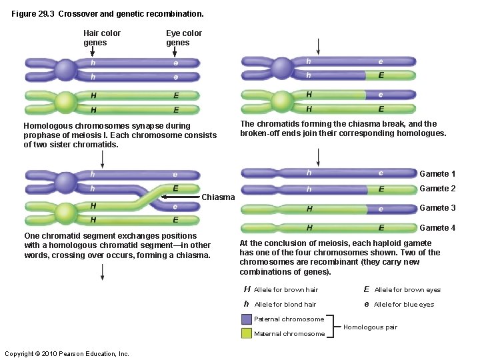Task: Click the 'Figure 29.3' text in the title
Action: click(x=33, y=13)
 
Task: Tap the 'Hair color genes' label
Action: click(x=102, y=38)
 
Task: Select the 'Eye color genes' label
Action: click(x=184, y=38)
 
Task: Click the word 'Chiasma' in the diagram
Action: click(x=218, y=197)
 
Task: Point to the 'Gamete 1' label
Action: click(x=437, y=174)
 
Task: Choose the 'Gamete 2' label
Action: click(x=437, y=189)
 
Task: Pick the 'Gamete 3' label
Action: click(x=437, y=208)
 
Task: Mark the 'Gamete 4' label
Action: click(x=437, y=228)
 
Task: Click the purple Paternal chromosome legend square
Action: click(x=247, y=319)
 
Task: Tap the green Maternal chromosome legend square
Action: click(x=247, y=333)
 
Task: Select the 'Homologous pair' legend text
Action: click(x=370, y=327)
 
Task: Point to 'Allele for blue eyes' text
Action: click(x=403, y=305)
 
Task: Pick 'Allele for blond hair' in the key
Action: click(x=285, y=305)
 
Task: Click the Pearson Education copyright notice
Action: click(x=67, y=353)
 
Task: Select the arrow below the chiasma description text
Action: click(x=103, y=272)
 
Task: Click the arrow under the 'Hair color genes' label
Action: click(x=103, y=52)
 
